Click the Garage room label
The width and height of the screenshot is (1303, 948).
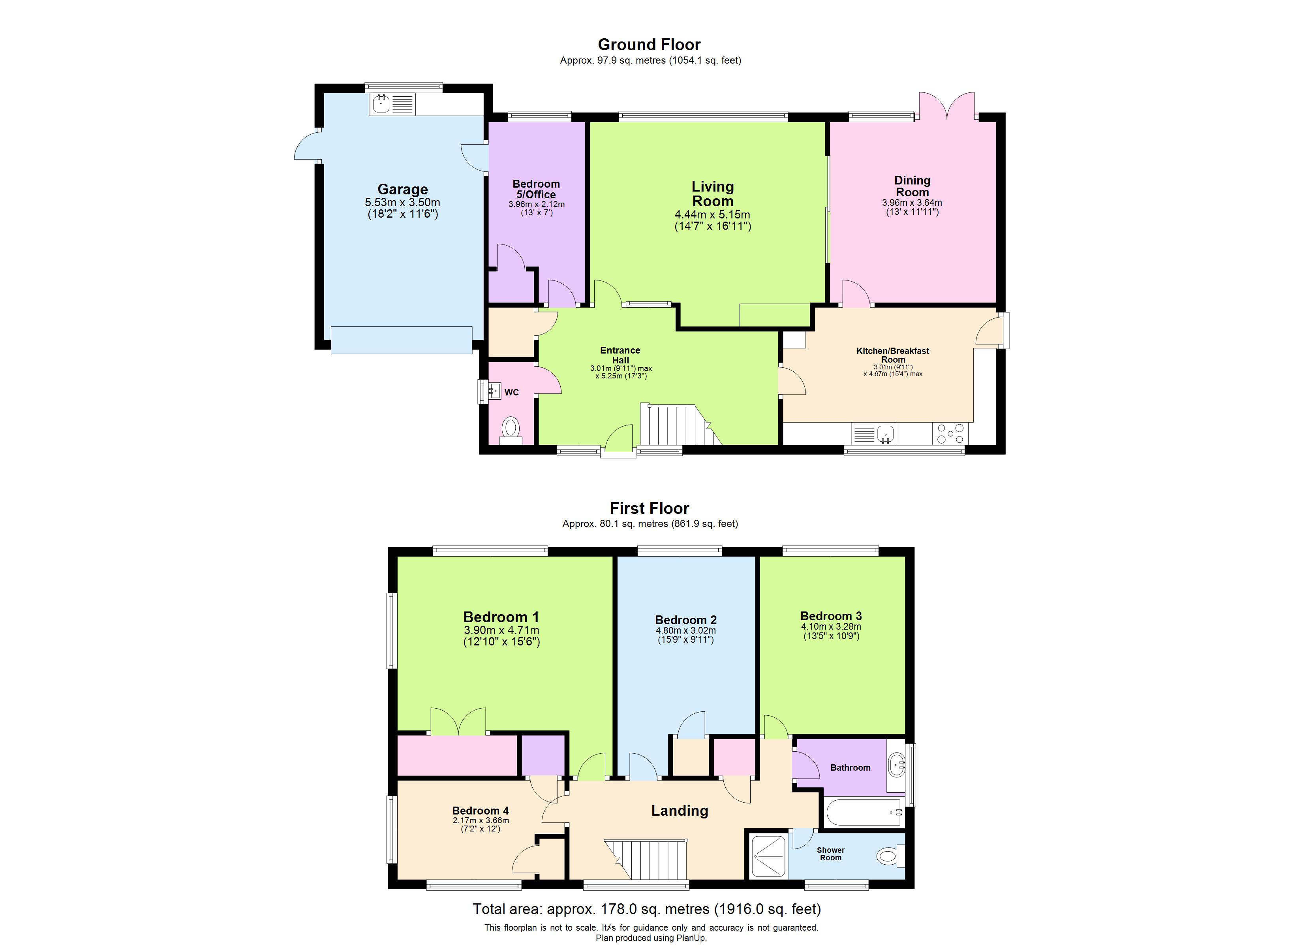tap(402, 189)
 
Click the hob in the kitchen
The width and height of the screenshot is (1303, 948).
tap(950, 433)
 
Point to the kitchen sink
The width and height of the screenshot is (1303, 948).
tap(886, 433)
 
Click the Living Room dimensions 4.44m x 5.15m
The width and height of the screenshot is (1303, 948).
tap(712, 214)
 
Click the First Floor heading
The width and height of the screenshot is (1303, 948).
tap(649, 508)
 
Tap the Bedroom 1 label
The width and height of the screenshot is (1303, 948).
tap(501, 617)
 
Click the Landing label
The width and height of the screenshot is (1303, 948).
tap(680, 811)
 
